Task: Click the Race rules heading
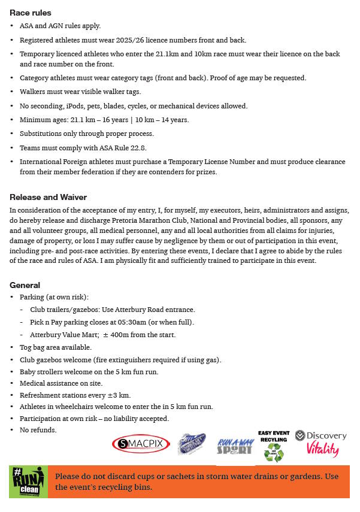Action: (31, 13)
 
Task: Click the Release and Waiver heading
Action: (48, 197)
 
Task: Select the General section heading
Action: (25, 285)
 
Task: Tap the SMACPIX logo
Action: (141, 444)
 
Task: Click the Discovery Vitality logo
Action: (322, 443)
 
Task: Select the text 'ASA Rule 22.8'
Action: (110, 148)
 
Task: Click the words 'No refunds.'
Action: (38, 430)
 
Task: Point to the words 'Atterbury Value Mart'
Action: (63, 335)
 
